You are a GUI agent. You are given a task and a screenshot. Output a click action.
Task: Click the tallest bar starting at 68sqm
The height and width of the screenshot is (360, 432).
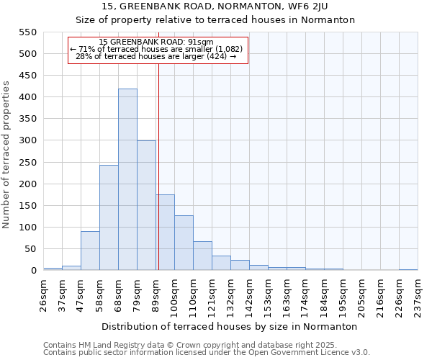point(127,180)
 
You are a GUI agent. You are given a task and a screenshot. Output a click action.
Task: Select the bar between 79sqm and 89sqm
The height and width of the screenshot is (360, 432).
point(146,206)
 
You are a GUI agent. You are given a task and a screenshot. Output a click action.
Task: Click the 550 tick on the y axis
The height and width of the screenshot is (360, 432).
point(27,32)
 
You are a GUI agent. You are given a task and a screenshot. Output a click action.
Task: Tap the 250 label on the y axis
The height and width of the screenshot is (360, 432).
point(27,163)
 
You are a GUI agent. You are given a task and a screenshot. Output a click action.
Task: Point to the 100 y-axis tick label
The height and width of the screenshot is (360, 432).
point(27,228)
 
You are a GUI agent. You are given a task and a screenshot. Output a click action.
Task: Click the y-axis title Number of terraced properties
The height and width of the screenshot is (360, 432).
point(6,155)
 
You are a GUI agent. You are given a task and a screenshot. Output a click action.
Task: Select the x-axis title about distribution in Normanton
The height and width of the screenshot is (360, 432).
point(230,326)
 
